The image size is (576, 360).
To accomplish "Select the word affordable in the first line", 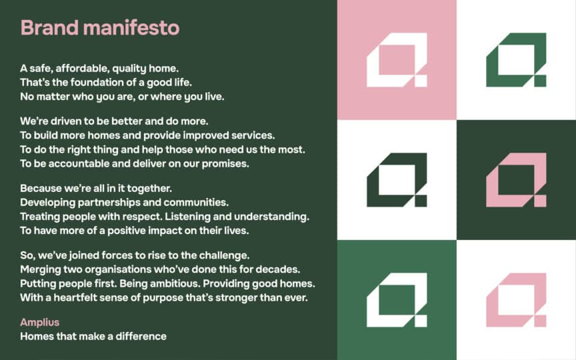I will point(81,68).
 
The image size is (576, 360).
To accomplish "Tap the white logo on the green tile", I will point(397,300).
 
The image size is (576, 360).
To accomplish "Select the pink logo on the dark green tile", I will point(516,180).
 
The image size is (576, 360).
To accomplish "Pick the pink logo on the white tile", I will point(516,300).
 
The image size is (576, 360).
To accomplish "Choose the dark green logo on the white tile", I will point(397,180).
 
